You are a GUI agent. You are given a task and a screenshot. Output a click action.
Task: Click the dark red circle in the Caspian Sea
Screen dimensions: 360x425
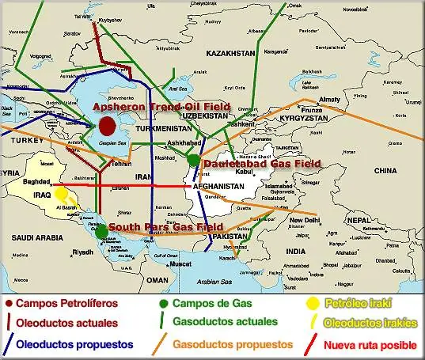(x=109, y=126)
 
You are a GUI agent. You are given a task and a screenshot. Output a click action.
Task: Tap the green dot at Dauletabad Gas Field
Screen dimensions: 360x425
(x=193, y=160)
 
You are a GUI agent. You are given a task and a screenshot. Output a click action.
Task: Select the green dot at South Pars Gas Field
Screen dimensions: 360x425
(x=102, y=230)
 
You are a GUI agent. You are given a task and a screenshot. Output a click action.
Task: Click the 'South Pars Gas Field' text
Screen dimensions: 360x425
(x=166, y=227)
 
